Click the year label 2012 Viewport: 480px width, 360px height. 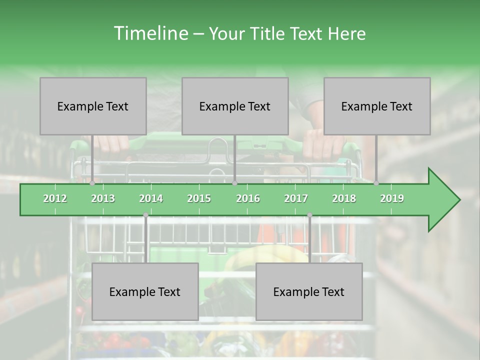pyautogui.click(x=55, y=198)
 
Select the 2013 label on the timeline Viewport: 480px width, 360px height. pyautogui.click(x=103, y=198)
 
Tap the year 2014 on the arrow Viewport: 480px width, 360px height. pyautogui.click(x=151, y=198)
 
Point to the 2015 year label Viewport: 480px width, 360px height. pyautogui.click(x=199, y=198)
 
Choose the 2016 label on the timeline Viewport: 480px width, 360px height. pyautogui.click(x=248, y=198)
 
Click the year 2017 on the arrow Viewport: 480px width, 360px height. pyautogui.click(x=296, y=198)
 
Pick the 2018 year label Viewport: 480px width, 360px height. pyautogui.click(x=344, y=198)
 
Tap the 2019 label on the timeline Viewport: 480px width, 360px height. pyautogui.click(x=392, y=198)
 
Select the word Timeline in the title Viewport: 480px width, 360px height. pyautogui.click(x=149, y=33)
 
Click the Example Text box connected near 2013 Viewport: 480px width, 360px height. pyautogui.click(x=93, y=106)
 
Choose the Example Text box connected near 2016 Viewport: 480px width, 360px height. pyautogui.click(x=235, y=106)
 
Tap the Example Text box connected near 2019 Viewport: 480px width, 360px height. pyautogui.click(x=377, y=106)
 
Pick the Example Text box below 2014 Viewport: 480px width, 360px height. pyautogui.click(x=145, y=291)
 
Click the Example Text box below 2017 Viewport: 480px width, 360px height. pyautogui.click(x=309, y=291)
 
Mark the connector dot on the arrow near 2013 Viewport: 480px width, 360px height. pyautogui.click(x=92, y=183)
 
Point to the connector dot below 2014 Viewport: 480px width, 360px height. pyautogui.click(x=145, y=215)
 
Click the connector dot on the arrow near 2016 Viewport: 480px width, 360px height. pyautogui.click(x=234, y=183)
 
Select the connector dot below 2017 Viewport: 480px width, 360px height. pyautogui.click(x=309, y=215)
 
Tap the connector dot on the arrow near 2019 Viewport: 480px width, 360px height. pyautogui.click(x=376, y=183)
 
